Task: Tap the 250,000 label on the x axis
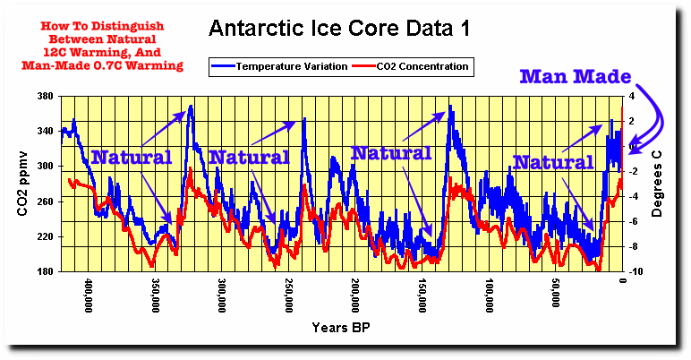(x=289, y=295)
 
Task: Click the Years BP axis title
(x=340, y=328)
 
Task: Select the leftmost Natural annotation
(x=132, y=158)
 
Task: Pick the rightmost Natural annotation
(x=553, y=163)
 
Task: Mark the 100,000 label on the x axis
(x=490, y=295)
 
